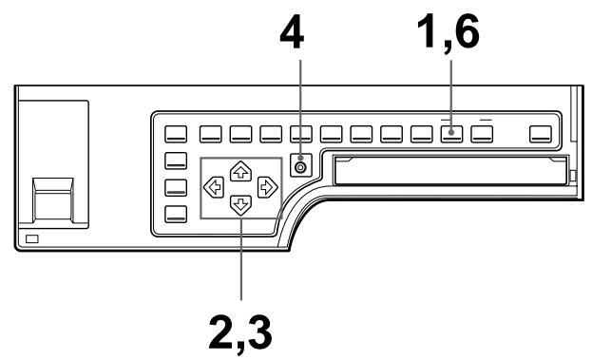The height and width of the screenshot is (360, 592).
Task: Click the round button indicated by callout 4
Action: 301,167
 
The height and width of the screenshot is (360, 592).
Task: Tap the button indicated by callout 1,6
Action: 452,134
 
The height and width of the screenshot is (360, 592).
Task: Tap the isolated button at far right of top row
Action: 542,134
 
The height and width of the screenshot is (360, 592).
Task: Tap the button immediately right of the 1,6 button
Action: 483,134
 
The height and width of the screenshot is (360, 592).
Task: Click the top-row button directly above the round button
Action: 301,134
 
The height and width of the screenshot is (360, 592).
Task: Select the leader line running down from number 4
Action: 301,95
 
